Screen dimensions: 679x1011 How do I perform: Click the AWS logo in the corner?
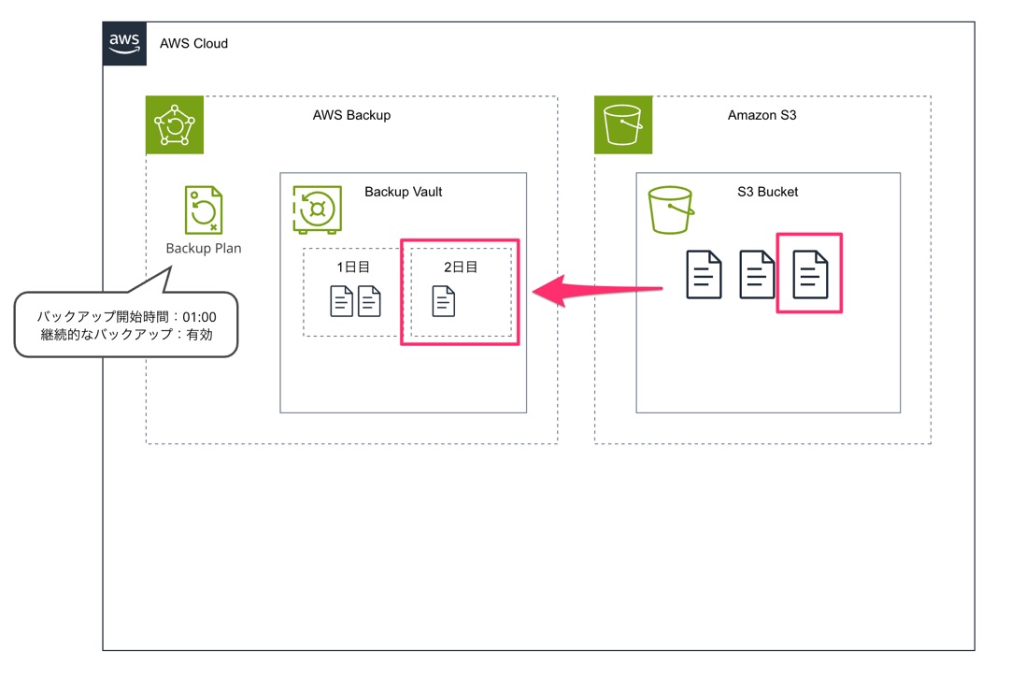tap(124, 43)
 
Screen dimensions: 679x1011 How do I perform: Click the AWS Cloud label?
tap(193, 43)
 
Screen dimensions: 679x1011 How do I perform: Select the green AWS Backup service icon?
tap(175, 124)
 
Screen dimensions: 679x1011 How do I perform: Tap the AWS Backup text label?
tap(351, 115)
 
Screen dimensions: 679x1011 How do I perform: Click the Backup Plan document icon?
tap(204, 209)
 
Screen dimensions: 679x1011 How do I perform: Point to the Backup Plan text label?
tap(204, 248)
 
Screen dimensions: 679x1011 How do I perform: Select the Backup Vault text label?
tap(404, 192)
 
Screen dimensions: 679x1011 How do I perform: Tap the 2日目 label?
tap(461, 267)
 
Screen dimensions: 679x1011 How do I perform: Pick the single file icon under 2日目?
tap(444, 301)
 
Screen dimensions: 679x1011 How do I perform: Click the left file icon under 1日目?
tap(342, 301)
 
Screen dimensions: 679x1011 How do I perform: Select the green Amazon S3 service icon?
tap(623, 124)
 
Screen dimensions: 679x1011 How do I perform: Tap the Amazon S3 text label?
tap(762, 115)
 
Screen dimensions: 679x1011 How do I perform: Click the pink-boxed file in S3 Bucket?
tap(809, 274)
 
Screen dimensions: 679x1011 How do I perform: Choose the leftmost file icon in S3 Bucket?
tap(704, 274)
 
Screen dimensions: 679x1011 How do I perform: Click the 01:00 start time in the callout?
tap(199, 317)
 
